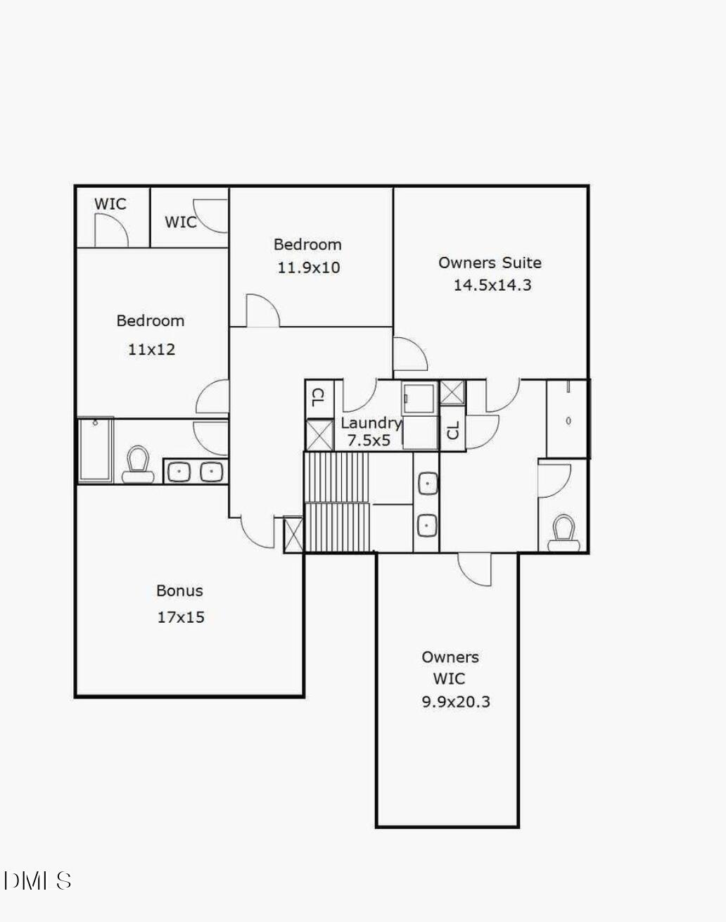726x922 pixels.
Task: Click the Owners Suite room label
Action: [490, 263]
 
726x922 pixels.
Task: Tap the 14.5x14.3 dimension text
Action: [492, 285]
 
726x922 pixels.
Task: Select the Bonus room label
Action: [179, 591]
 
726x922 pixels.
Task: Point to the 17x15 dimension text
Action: [181, 617]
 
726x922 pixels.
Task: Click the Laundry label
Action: [371, 423]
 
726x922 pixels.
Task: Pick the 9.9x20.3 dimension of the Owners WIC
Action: [456, 702]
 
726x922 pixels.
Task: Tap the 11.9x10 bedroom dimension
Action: [308, 267]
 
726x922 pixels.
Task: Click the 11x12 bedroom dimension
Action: [151, 349]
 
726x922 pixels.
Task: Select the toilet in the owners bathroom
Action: [563, 533]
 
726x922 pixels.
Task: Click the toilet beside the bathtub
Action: [139, 465]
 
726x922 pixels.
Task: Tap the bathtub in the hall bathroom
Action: [95, 450]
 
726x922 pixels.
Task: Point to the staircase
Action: [337, 501]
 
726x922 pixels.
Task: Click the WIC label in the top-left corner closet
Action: [110, 204]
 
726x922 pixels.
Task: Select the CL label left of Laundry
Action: [317, 398]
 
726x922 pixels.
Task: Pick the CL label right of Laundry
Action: [453, 429]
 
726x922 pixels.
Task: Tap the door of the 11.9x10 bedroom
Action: [262, 312]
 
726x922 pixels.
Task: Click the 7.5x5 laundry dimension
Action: [369, 441]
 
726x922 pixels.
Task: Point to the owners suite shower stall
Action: [567, 419]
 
